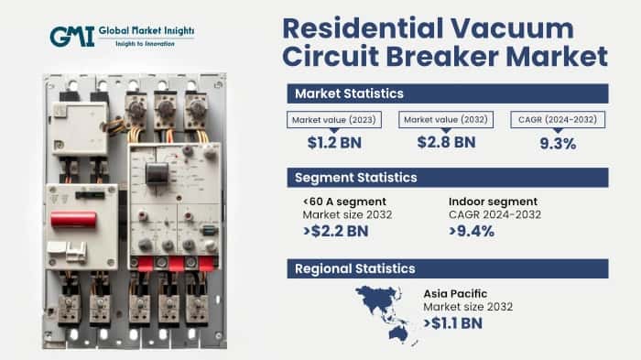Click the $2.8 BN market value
click(x=445, y=141)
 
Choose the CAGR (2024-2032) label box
click(x=557, y=120)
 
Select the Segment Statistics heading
click(x=354, y=177)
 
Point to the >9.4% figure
click(x=473, y=231)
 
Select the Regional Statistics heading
click(x=353, y=268)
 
